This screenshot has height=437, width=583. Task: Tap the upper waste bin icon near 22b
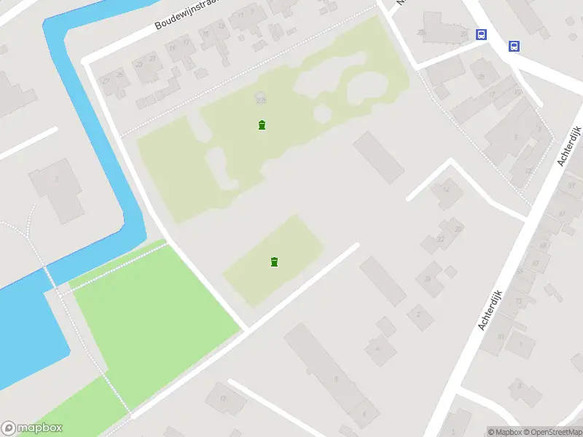click(x=262, y=125)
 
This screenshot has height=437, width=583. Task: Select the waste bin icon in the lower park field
click(x=274, y=261)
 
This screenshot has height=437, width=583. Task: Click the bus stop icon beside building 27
click(x=481, y=34)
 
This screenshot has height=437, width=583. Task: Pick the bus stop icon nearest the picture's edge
click(x=514, y=46)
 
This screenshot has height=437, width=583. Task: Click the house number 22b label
click(x=261, y=100)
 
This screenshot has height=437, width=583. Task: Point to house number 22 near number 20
click(x=440, y=239)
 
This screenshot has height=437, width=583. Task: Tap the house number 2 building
click(x=418, y=315)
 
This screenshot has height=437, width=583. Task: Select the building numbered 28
click(x=428, y=277)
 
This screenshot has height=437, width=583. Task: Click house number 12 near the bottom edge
click(x=223, y=398)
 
